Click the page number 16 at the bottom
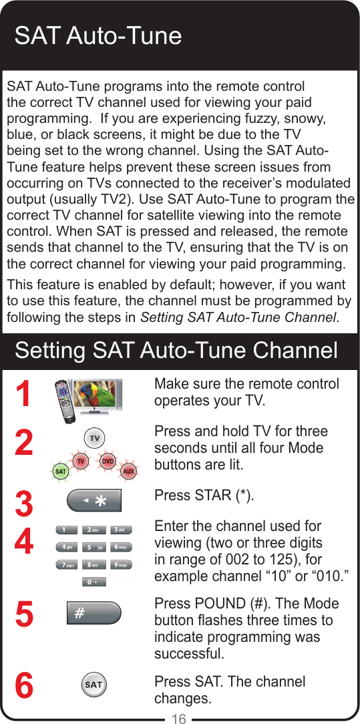[x=179, y=718]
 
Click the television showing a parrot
[x=97, y=394]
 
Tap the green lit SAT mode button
[x=60, y=471]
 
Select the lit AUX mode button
[x=128, y=471]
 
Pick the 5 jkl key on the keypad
[x=94, y=547]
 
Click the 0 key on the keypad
[x=94, y=582]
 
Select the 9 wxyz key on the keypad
[x=121, y=564]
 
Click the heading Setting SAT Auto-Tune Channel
[x=176, y=351]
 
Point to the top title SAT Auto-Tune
[x=98, y=35]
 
